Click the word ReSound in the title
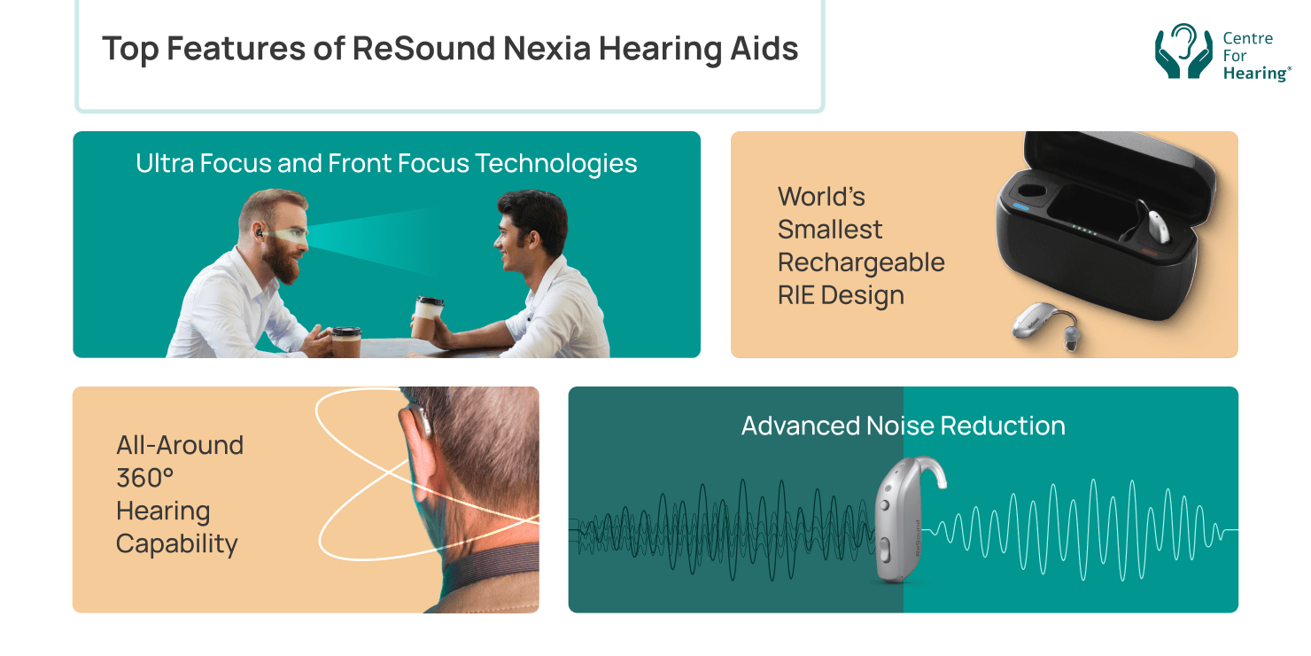[423, 49]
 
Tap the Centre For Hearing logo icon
[1183, 51]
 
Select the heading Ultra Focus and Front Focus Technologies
[386, 164]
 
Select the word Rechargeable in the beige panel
[861, 262]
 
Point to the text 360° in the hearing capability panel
[144, 479]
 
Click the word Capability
[176, 543]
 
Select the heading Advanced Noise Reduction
[903, 426]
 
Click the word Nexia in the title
[547, 49]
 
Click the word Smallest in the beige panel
[829, 230]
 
